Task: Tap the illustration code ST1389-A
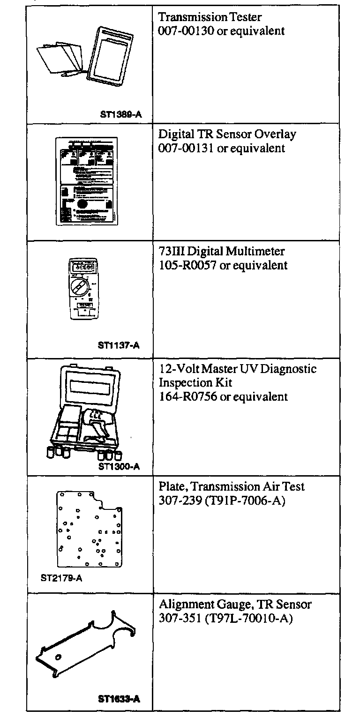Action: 120,113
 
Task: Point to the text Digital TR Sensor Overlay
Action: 227,134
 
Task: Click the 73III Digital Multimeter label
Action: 222,252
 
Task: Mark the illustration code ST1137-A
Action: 119,346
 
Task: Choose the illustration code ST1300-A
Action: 119,466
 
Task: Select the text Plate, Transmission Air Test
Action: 232,486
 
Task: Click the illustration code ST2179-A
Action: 61,578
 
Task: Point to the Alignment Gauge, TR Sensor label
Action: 235,605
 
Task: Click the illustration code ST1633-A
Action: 119,699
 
